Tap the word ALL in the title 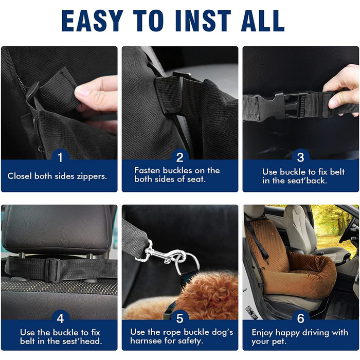263,21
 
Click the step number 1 60,157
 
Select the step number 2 180,157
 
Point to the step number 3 300,157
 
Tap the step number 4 60,318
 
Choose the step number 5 180,318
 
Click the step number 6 300,318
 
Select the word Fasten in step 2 148,171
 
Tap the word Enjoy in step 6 262,333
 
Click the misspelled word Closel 20,176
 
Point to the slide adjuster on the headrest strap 53,269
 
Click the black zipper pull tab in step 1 32,91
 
